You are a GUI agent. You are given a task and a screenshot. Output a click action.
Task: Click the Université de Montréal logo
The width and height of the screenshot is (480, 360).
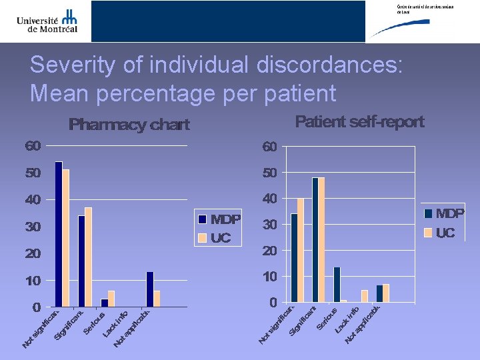pyautogui.click(x=47, y=21)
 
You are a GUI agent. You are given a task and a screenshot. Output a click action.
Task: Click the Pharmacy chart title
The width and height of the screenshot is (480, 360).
pyautogui.click(x=129, y=125)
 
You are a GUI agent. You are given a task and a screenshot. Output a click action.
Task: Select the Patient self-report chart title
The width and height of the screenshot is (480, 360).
pyautogui.click(x=359, y=122)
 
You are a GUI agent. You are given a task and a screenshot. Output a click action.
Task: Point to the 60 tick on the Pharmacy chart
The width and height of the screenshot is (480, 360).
pyautogui.click(x=33, y=146)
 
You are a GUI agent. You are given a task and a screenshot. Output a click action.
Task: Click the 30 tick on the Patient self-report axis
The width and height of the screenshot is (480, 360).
pyautogui.click(x=269, y=225)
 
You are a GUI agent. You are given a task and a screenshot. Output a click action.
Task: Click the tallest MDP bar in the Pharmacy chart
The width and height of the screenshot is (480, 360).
pyautogui.click(x=59, y=233)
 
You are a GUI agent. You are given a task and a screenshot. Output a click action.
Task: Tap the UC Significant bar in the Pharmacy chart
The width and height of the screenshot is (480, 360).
pyautogui.click(x=88, y=257)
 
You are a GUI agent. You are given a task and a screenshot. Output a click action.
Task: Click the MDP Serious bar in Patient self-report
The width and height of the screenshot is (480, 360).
pyautogui.click(x=337, y=285)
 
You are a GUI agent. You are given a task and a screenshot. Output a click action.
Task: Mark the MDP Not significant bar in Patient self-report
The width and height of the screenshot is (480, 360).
pyautogui.click(x=294, y=258)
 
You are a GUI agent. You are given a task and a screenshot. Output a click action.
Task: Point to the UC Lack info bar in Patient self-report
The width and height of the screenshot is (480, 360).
pyautogui.click(x=365, y=296)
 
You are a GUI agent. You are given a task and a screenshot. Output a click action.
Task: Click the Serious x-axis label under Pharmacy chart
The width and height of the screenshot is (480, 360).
pyautogui.click(x=94, y=323)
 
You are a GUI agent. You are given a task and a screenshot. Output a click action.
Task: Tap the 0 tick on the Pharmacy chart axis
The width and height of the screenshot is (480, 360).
pyautogui.click(x=37, y=307)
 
